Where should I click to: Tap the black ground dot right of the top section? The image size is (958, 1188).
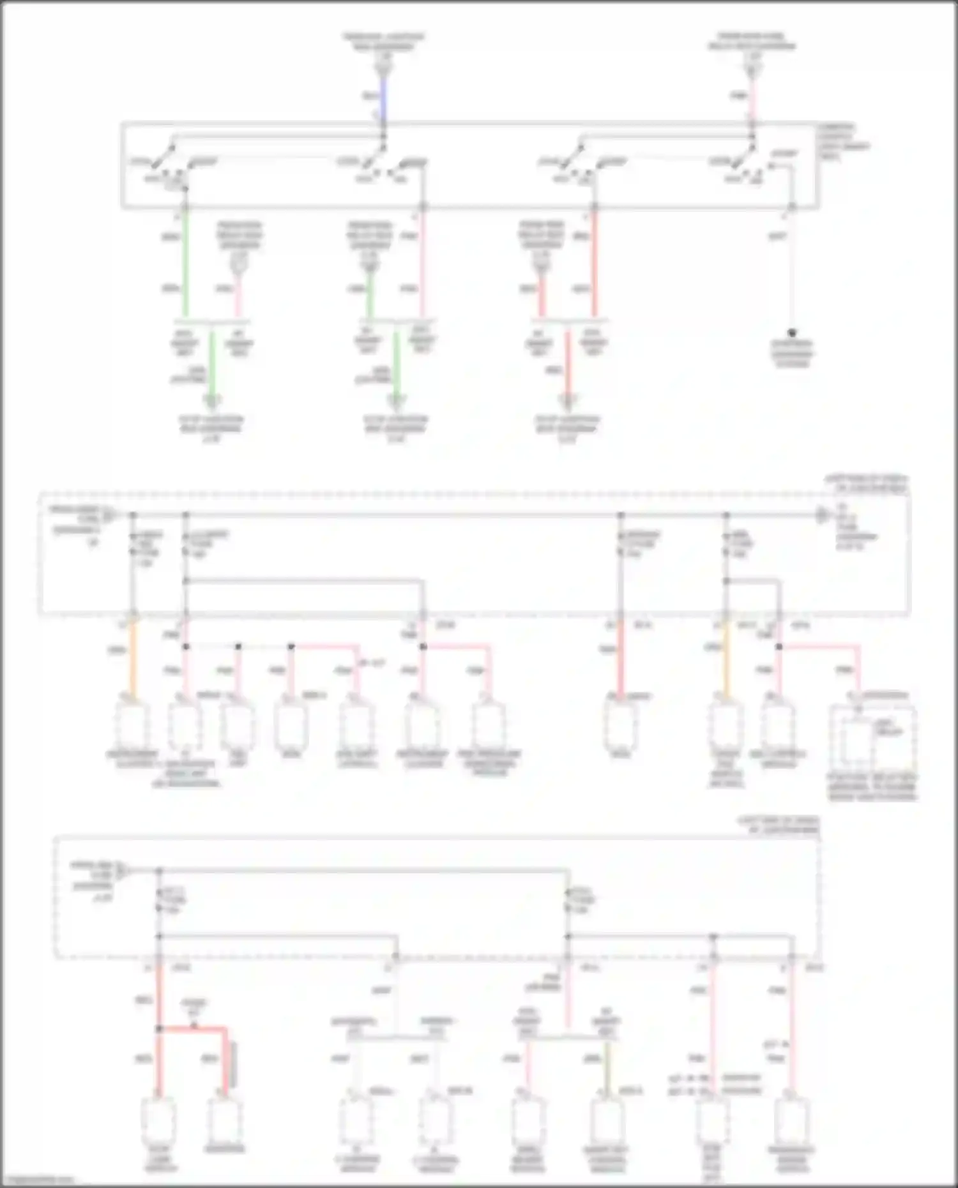click(x=792, y=333)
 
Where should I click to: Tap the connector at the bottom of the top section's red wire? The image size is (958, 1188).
click(x=567, y=401)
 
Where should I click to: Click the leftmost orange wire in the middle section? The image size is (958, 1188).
click(x=133, y=658)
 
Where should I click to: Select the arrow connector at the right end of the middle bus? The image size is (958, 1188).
click(x=823, y=515)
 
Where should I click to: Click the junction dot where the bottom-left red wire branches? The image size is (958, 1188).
click(x=159, y=1029)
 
